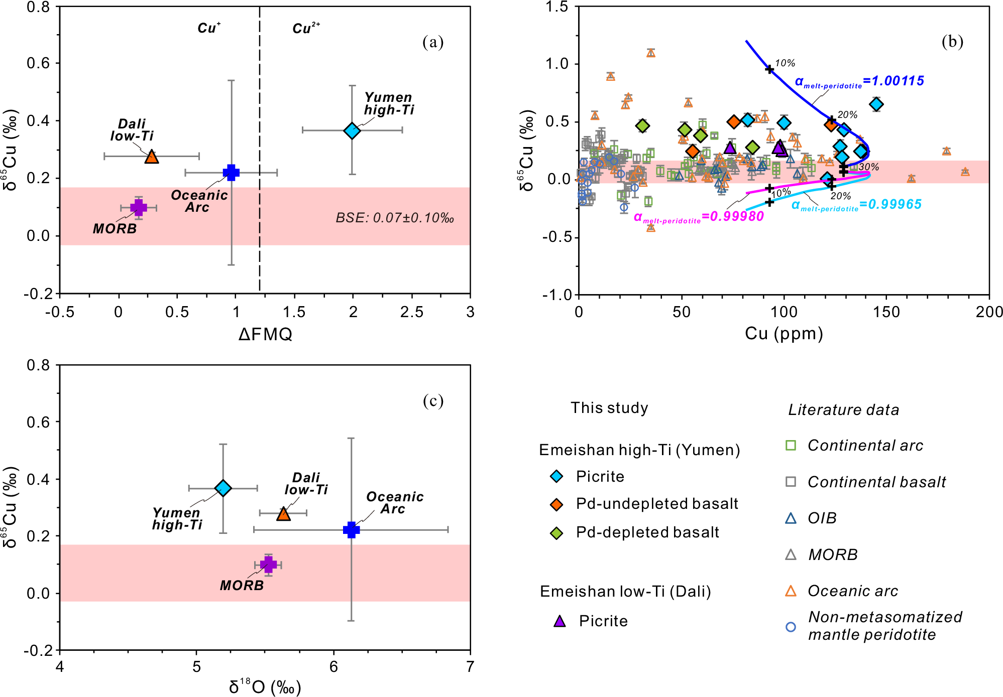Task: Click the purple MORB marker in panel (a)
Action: pos(139,207)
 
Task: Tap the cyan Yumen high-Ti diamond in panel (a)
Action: pos(352,130)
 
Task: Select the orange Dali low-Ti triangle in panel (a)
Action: pos(152,157)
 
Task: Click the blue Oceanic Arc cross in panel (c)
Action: pos(351,529)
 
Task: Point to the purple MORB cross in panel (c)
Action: pos(269,565)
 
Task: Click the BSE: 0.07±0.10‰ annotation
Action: pos(395,218)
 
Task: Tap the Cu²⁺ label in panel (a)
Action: pos(306,28)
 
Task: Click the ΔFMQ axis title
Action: pos(265,334)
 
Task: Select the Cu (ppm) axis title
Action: pos(784,333)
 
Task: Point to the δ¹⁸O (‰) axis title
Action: pos(265,686)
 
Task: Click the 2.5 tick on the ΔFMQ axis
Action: pos(411,312)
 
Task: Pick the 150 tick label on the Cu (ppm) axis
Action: pos(886,312)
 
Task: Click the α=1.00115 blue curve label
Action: pos(859,81)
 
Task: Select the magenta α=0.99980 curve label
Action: pos(699,217)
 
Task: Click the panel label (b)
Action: pos(952,42)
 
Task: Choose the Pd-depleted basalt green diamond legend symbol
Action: pos(556,533)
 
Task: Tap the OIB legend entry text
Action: pos(822,518)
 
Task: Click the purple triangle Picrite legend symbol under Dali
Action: pos(560,622)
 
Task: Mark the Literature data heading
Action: pos(843,410)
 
